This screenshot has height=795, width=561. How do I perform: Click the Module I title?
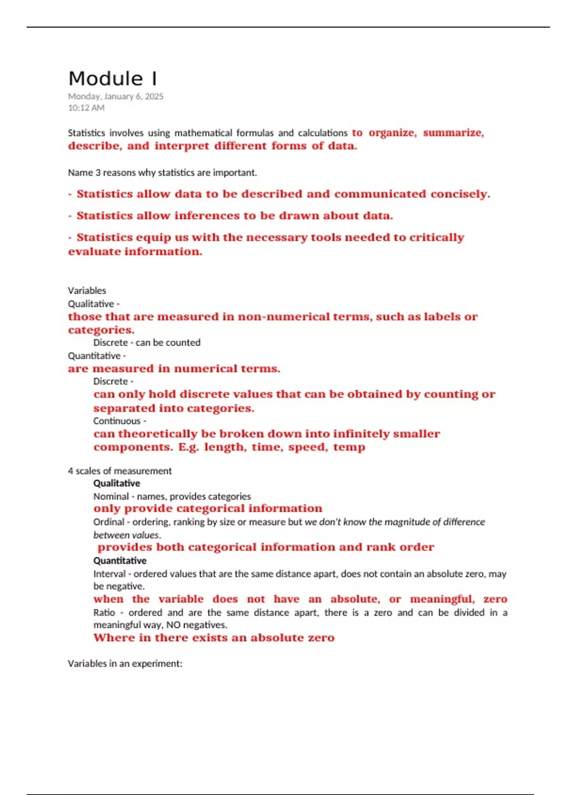point(113,79)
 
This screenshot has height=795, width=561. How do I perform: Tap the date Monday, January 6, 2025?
point(115,96)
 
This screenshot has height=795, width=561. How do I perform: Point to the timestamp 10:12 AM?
point(86,108)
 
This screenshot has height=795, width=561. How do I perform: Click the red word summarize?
point(453,133)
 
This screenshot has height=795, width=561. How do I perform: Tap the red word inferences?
point(206,216)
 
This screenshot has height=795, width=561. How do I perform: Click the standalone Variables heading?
point(87,290)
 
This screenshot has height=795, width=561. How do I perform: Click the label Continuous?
point(117,421)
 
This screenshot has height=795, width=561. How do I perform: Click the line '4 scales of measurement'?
point(120,471)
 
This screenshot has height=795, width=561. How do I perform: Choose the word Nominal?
point(111,496)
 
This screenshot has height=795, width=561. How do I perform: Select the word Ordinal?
point(109,522)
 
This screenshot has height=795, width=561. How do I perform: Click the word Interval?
point(109,574)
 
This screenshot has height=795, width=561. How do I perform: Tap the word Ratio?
point(104,613)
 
